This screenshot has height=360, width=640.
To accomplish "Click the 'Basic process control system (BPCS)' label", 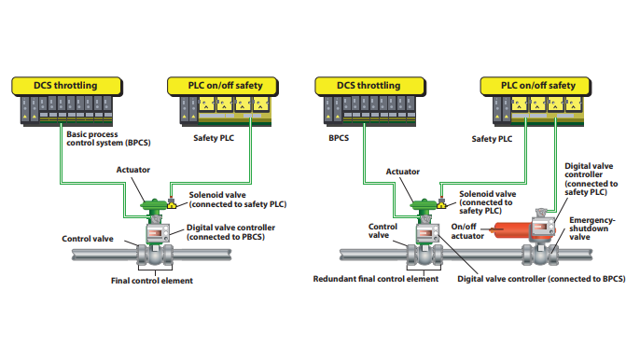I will pyautogui.click(x=108, y=138).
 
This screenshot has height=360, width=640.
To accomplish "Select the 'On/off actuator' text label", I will pyautogui.click(x=470, y=231).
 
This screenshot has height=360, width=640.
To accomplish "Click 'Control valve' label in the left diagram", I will pyautogui.click(x=89, y=239).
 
